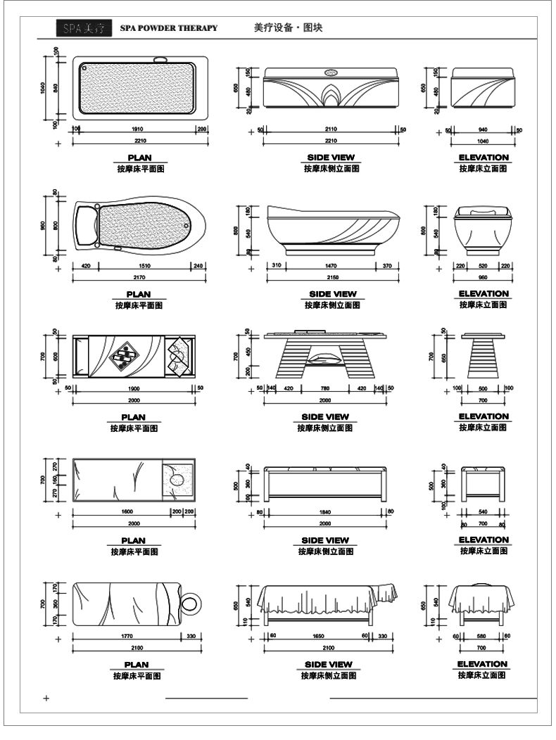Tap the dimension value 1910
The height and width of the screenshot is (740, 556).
click(138, 129)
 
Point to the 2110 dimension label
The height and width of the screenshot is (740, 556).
click(330, 129)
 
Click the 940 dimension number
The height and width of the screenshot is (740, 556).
click(482, 129)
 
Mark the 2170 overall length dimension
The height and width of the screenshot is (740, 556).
click(139, 279)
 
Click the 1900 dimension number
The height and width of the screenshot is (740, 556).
click(133, 388)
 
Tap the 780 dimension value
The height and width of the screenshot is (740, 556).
click(324, 388)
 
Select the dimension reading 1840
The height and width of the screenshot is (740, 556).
click(324, 511)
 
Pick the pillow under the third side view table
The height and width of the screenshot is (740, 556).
click(324, 357)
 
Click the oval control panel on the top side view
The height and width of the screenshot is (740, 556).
click(330, 72)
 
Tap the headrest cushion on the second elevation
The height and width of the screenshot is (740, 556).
click(482, 212)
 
